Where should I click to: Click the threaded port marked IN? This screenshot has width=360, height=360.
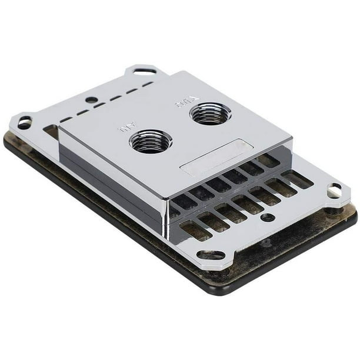150,141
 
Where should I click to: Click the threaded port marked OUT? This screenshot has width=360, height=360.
209,113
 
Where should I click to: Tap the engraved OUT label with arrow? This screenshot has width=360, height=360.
184,104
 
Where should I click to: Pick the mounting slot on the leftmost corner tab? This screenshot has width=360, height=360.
24,123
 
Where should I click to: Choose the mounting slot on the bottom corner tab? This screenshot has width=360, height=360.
211,255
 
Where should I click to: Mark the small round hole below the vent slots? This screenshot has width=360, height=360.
268,217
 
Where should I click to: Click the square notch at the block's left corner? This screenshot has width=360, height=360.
51,131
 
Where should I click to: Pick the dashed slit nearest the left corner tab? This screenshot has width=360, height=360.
66,119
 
